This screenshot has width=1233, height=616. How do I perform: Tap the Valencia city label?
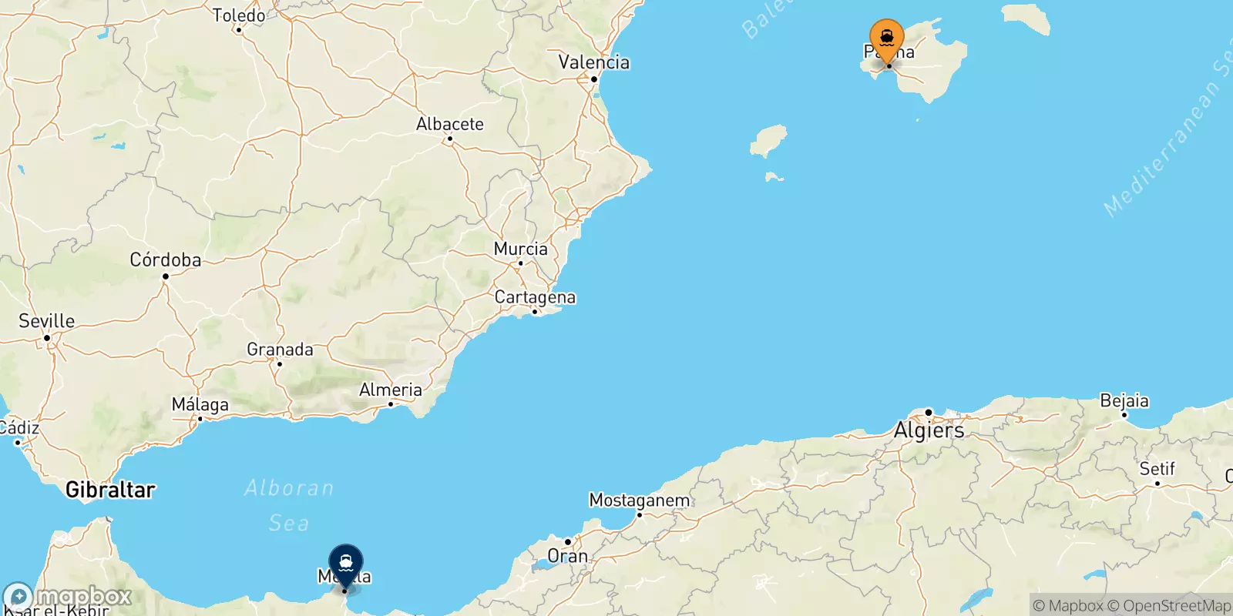[593, 62]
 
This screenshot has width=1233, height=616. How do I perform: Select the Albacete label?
[450, 124]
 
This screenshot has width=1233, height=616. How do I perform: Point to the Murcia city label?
[521, 249]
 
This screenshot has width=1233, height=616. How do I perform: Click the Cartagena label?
[535, 297]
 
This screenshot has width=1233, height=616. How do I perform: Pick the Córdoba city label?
[166, 260]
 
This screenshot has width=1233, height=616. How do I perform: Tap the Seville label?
[47, 321]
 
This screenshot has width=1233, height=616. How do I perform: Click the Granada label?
[280, 350]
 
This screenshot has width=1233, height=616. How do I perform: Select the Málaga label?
[200, 404]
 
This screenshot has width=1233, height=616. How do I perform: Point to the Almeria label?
[391, 390]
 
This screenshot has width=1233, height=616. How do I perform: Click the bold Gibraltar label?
[110, 490]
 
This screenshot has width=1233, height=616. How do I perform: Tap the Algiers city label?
[929, 430]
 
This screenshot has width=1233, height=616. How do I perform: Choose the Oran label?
[567, 556]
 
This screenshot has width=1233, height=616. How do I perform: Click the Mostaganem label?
[639, 500]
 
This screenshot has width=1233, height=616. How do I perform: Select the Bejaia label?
[1124, 401]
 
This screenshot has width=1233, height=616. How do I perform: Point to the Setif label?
[1157, 469]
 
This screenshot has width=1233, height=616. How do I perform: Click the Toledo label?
[239, 15]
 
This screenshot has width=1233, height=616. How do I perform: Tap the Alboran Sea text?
[289, 505]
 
